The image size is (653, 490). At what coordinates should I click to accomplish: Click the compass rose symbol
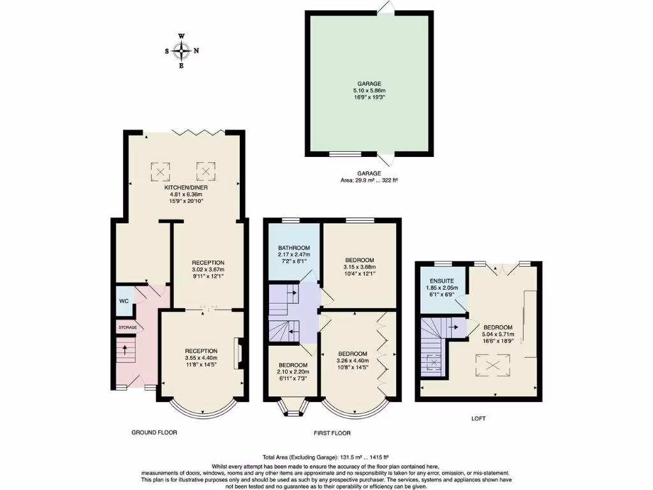click(x=182, y=50)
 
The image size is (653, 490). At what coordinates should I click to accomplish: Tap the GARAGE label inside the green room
click(x=369, y=84)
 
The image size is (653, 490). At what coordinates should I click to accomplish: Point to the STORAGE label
click(x=127, y=327)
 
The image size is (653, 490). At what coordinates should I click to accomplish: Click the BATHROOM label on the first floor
click(x=293, y=248)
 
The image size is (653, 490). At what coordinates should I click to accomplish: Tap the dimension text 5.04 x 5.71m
click(x=501, y=332)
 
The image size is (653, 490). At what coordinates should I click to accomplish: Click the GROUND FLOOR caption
click(x=154, y=433)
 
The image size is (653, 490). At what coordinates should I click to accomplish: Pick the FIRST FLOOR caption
click(x=332, y=433)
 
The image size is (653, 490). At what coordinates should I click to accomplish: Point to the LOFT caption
click(x=478, y=419)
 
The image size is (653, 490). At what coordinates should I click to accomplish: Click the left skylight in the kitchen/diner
click(x=161, y=170)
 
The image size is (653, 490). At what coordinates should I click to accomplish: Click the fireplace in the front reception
click(x=237, y=352)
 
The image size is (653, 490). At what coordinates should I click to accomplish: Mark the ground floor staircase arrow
click(x=125, y=349)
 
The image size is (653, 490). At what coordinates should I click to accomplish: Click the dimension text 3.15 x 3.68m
click(x=360, y=267)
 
